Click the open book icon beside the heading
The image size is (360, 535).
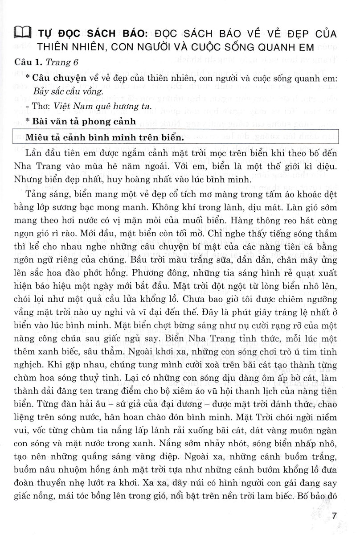22,33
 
